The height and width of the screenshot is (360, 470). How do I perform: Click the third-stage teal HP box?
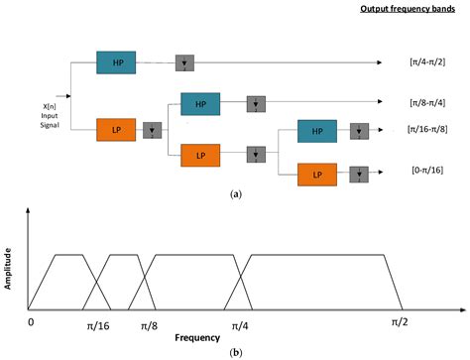click(x=317, y=131)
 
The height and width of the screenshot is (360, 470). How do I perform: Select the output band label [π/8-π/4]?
click(x=423, y=102)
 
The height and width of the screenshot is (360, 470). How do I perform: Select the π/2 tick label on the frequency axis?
click(x=400, y=322)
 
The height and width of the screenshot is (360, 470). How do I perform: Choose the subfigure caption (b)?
click(x=235, y=352)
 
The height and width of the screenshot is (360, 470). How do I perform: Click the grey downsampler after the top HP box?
click(x=183, y=62)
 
